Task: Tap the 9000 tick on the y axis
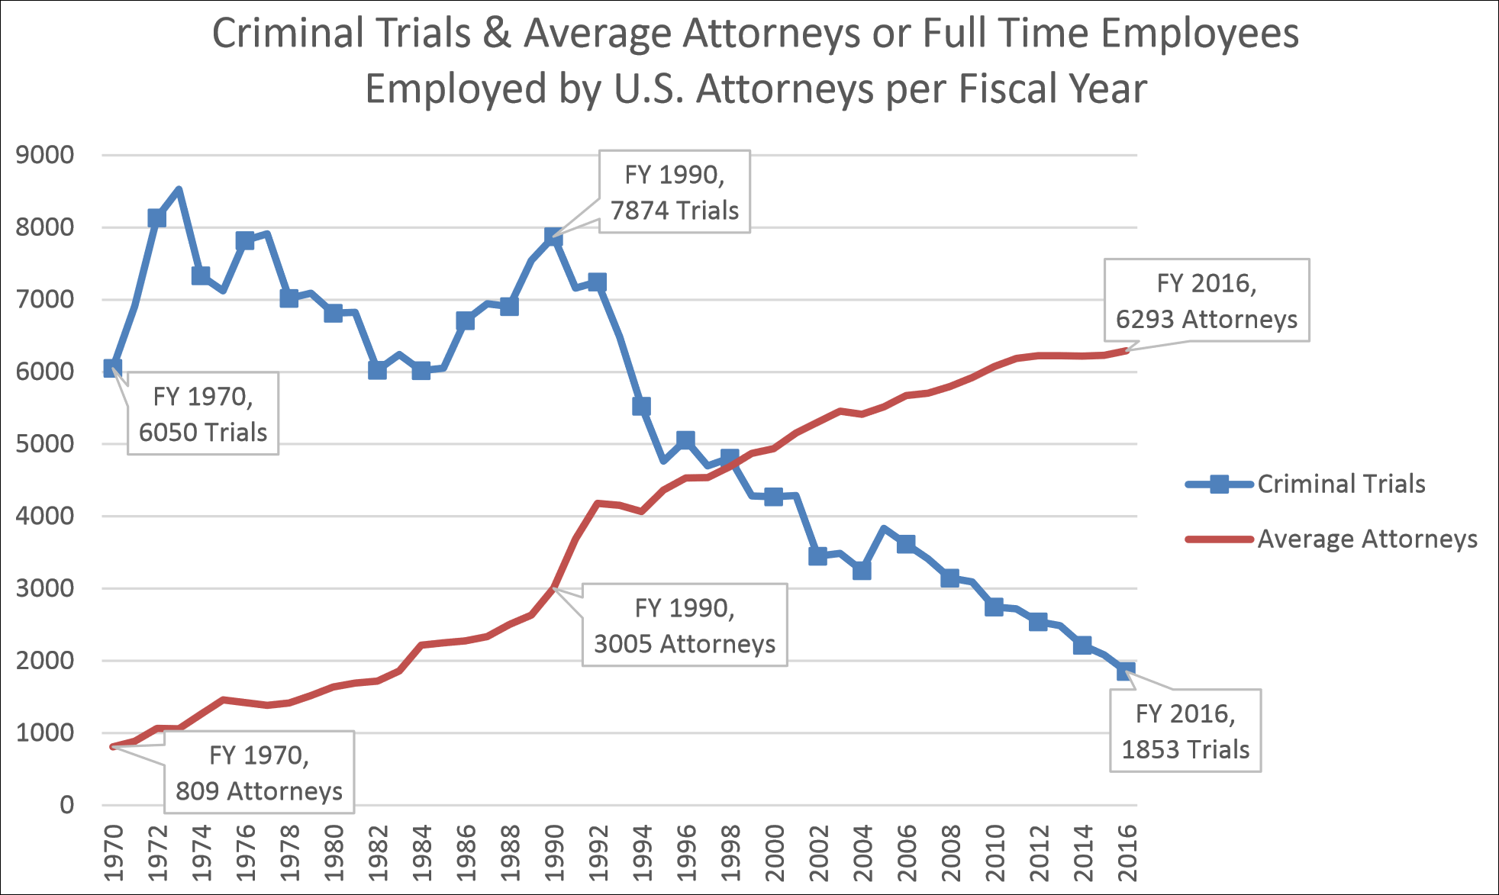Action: click(45, 155)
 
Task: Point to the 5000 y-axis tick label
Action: click(45, 443)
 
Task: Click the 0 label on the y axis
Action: click(67, 805)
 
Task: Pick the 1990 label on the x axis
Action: click(554, 853)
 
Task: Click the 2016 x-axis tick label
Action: click(1127, 853)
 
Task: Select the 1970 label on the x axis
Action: click(113, 853)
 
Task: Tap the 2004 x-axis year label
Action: click(862, 853)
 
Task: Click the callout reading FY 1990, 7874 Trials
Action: click(674, 192)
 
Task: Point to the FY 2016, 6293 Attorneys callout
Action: click(1206, 300)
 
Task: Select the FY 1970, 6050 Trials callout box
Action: click(202, 414)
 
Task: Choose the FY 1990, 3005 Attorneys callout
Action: click(684, 625)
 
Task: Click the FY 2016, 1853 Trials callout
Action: click(1185, 731)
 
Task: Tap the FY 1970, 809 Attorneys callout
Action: click(259, 772)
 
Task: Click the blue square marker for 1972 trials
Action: click(157, 218)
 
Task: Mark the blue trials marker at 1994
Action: click(642, 407)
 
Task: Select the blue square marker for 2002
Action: click(818, 555)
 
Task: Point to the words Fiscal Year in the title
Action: click(1053, 89)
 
